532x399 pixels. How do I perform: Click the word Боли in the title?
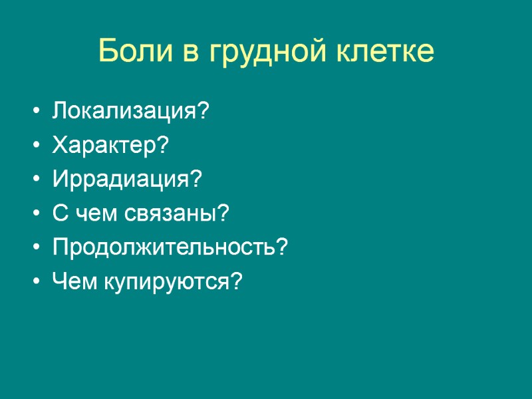(132, 51)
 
